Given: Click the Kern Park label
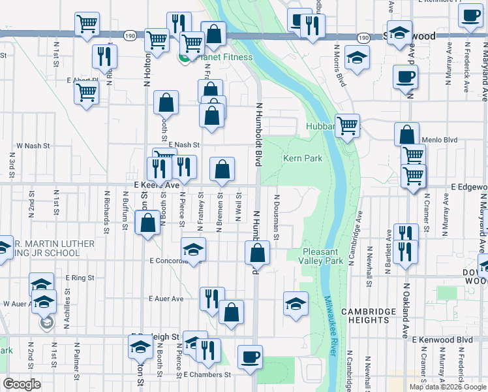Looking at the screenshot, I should point(303,158).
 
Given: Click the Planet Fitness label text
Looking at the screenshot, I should point(222,57).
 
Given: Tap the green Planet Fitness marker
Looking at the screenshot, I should point(185,57).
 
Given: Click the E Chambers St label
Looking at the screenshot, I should point(207,375).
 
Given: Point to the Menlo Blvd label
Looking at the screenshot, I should point(440,139).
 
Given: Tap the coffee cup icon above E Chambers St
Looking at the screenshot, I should point(250,357).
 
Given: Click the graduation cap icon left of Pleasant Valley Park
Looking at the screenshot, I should point(296,303).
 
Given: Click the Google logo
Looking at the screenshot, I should point(22,384).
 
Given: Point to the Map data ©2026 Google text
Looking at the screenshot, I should point(447,387).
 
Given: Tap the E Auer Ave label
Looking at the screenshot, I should point(166,299).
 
